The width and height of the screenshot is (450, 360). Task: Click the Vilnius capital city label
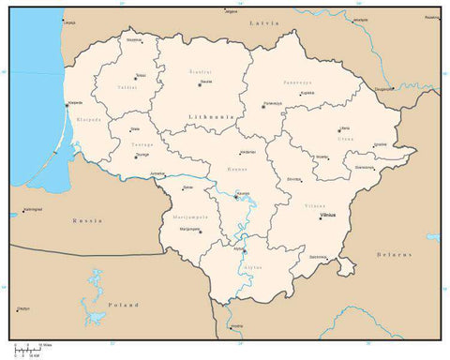(x=327, y=216)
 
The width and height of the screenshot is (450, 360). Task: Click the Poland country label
(x=122, y=305)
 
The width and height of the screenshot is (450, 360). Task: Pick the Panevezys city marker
(x=262, y=106)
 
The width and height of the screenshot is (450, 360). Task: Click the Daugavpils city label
(x=384, y=89)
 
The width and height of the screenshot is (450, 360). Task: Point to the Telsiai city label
(x=140, y=75)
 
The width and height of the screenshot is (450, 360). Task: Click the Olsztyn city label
(x=23, y=308)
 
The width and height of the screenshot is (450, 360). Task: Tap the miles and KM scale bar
(x=28, y=350)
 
